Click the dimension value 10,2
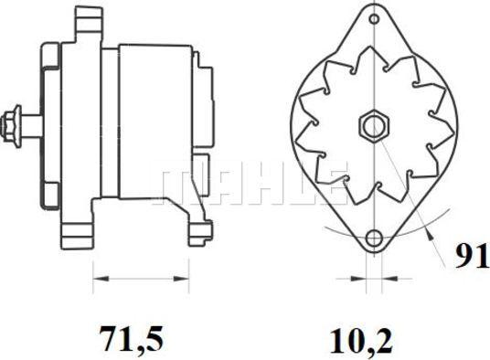pyautogui.click(x=360, y=341)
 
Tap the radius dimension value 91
pyautogui.click(x=471, y=256)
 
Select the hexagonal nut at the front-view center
pyautogui.click(x=374, y=126)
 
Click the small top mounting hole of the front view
pyautogui.click(x=374, y=19)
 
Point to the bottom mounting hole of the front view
pyautogui.click(x=374, y=238)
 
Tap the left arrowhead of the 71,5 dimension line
pyautogui.click(x=101, y=279)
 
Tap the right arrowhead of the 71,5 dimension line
pyautogui.click(x=181, y=279)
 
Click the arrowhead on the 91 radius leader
pyautogui.click(x=430, y=234)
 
